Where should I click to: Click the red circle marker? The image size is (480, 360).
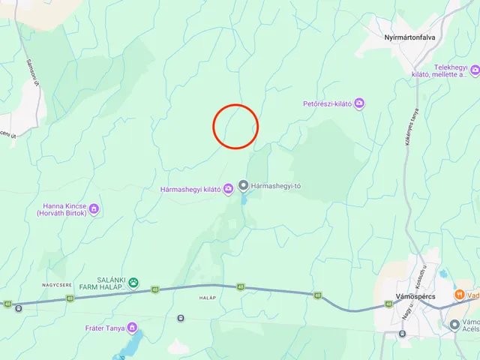tap(235, 126)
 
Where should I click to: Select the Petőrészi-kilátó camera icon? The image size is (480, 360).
tap(360, 103)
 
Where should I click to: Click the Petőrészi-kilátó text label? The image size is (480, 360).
tap(328, 103)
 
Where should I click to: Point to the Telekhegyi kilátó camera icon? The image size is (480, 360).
tap(475, 70)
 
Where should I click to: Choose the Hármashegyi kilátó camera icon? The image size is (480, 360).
tap(228, 189)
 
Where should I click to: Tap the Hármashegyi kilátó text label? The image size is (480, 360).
tap(190, 189)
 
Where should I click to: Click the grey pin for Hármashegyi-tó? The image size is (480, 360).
tap(243, 185)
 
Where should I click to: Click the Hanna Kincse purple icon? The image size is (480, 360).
tap(94, 209)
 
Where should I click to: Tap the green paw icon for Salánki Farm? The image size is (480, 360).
tap(133, 282)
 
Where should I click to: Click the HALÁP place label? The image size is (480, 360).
tap(208, 298)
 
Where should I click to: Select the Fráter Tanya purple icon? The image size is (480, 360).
tap(132, 327)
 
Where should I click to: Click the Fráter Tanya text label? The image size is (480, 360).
tap(105, 328)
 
